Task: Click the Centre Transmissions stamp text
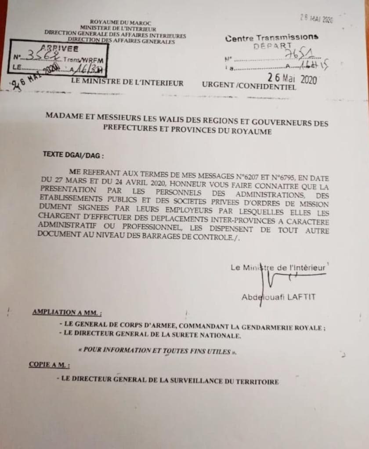pyautogui.click(x=272, y=38)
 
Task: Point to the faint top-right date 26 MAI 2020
pyautogui.click(x=317, y=18)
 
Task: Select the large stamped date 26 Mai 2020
pyautogui.click(x=292, y=79)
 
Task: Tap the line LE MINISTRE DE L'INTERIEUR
pyautogui.click(x=127, y=83)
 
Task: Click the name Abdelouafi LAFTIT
pyautogui.click(x=279, y=297)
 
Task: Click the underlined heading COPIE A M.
pyautogui.click(x=49, y=364)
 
